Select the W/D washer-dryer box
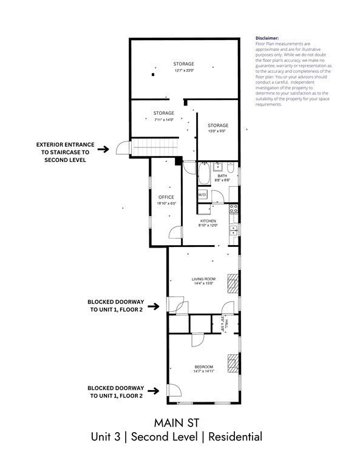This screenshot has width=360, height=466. [x=202, y=194]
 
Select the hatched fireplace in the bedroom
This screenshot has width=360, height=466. [x=233, y=363]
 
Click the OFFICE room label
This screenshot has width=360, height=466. [x=166, y=197]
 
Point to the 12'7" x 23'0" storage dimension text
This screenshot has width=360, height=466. [x=183, y=70]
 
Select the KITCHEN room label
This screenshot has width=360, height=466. [x=208, y=221]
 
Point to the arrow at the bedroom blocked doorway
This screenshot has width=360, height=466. [x=155, y=391]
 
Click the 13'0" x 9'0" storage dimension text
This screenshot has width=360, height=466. [x=218, y=132]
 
